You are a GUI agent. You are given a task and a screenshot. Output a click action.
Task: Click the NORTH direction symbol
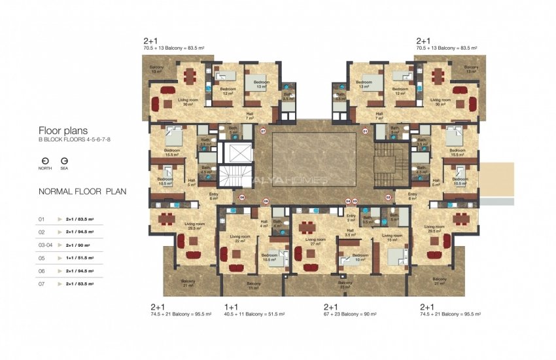tap(45, 160)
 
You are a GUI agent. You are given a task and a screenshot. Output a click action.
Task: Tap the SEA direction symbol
tap(64, 160)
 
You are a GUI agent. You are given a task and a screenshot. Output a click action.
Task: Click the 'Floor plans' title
tap(63, 130)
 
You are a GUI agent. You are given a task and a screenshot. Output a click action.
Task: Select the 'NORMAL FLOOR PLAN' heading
tap(82, 192)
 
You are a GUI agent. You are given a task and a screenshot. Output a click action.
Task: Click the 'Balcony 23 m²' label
tap(345, 285)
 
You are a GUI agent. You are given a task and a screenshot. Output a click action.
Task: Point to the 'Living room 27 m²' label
tap(315, 242)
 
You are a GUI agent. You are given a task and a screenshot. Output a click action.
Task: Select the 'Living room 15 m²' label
tap(391, 238)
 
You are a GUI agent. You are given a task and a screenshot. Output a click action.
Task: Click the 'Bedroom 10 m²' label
tap(360, 258)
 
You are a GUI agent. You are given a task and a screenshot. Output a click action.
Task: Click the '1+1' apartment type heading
tap(232, 306)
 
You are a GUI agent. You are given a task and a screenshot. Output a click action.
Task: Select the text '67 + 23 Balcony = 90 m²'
tap(350, 314)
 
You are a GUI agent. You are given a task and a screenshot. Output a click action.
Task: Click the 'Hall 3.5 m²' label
tap(351, 232)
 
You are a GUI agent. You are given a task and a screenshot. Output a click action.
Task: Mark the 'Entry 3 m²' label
tap(351, 218)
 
